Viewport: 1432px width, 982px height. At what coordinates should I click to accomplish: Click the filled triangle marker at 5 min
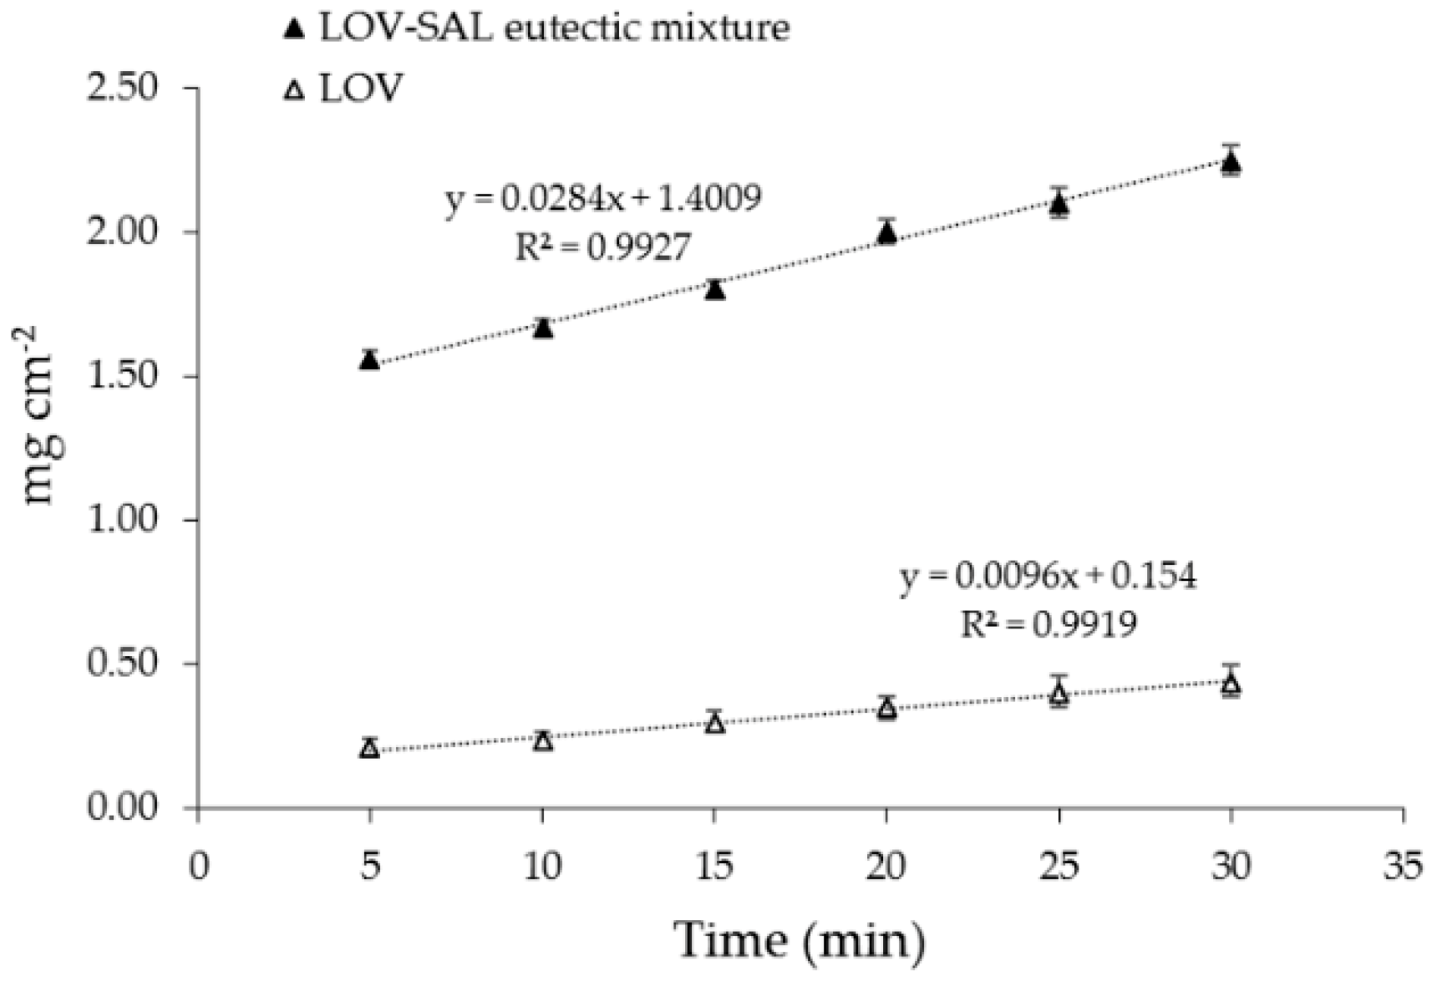tap(369, 360)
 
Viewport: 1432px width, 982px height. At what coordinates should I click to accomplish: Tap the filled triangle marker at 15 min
tap(714, 290)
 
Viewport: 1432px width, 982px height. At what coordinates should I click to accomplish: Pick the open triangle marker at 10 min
tap(543, 741)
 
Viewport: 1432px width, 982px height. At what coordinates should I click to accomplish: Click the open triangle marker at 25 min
tap(1059, 693)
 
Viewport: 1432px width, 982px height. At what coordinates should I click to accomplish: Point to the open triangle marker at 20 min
tap(887, 709)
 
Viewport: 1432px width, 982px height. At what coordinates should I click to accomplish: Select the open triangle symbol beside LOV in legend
tap(294, 89)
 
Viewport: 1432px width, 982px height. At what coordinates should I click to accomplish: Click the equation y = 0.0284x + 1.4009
tap(603, 200)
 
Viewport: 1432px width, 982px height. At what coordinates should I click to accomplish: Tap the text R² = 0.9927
tap(603, 247)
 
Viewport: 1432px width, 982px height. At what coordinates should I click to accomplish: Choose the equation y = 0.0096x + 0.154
tap(1048, 577)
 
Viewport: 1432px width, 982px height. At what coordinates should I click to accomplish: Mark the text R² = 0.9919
tap(1048, 623)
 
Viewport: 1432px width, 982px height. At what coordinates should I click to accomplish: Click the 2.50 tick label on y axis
tap(122, 88)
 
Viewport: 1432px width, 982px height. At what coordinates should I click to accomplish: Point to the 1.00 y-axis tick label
tap(122, 520)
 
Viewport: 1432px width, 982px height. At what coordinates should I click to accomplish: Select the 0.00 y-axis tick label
tap(122, 808)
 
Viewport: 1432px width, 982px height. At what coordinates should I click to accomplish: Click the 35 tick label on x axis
tap(1403, 867)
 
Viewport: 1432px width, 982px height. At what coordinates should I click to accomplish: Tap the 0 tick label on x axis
tap(198, 867)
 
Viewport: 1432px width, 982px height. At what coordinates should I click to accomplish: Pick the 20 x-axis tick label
tap(886, 867)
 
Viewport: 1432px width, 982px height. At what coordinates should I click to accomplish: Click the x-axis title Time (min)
tap(800, 939)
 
